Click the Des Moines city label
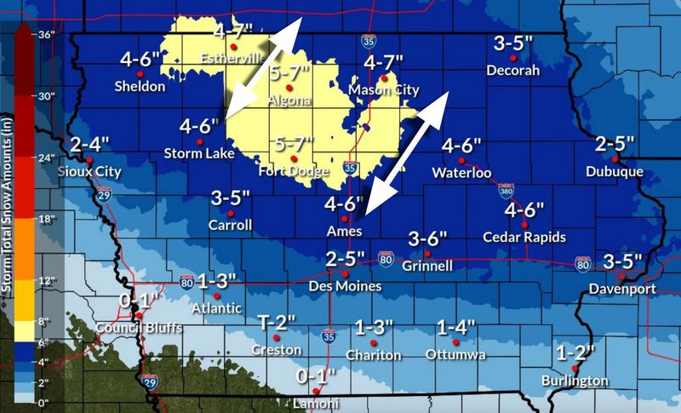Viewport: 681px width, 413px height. [345, 287]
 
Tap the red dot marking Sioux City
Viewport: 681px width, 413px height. [89, 159]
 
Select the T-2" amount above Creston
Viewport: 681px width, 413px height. [277, 321]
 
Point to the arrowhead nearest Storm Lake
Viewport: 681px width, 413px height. [229, 112]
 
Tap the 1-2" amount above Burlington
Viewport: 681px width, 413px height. [575, 352]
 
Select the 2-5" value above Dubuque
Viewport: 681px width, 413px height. [615, 144]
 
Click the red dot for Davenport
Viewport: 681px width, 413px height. [623, 276]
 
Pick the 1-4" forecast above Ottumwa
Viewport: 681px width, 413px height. [456, 327]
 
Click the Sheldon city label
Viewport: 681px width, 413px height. [140, 86]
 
